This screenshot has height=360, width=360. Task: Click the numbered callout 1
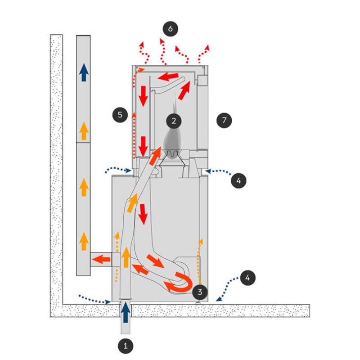click(126, 346)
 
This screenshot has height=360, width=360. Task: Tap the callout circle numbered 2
click(174, 121)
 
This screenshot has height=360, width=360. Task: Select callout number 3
click(200, 292)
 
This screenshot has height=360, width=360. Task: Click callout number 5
click(120, 115)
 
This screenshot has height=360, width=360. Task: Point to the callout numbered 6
click(171, 29)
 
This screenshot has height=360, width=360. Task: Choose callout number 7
click(224, 120)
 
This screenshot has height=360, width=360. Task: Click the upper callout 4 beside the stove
click(238, 180)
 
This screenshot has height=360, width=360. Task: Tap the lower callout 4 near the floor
click(248, 278)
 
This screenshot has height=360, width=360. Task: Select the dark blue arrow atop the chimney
click(84, 72)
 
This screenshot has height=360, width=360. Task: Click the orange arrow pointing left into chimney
click(101, 260)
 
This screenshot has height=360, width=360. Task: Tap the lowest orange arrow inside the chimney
click(84, 241)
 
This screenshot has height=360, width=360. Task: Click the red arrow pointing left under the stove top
click(168, 76)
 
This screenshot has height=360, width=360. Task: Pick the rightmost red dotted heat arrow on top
click(203, 54)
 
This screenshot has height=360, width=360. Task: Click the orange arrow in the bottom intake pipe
click(126, 257)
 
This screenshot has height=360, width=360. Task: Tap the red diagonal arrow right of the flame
click(184, 90)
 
